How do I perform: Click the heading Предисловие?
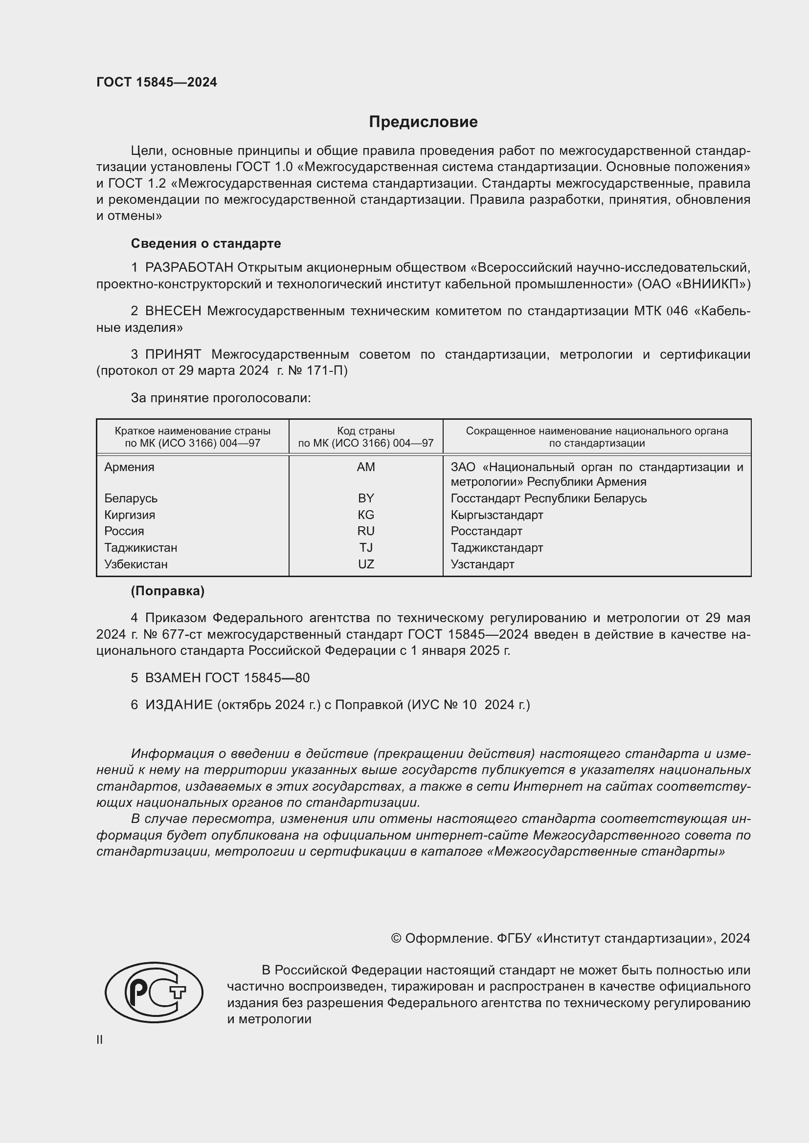pyautogui.click(x=423, y=122)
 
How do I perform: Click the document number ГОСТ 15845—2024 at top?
pyautogui.click(x=157, y=83)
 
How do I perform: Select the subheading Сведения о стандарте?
pyautogui.click(x=206, y=243)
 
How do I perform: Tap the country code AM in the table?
pyautogui.click(x=366, y=467)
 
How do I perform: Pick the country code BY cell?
pyautogui.click(x=366, y=498)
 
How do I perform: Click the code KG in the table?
pyautogui.click(x=366, y=515)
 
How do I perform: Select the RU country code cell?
pyautogui.click(x=366, y=531)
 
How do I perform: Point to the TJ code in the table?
pyautogui.click(x=366, y=548)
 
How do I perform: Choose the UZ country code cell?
pyautogui.click(x=366, y=564)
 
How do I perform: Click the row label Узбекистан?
pyautogui.click(x=135, y=564)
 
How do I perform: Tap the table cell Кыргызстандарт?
pyautogui.click(x=496, y=515)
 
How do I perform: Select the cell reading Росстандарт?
pyautogui.click(x=486, y=531)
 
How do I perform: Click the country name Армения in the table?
pyautogui.click(x=129, y=467)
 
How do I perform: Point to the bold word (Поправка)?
pyautogui.click(x=167, y=591)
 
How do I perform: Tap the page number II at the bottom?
pyautogui.click(x=100, y=1039)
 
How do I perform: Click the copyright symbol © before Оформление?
pyautogui.click(x=396, y=938)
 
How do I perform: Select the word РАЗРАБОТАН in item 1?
pyautogui.click(x=189, y=268)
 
